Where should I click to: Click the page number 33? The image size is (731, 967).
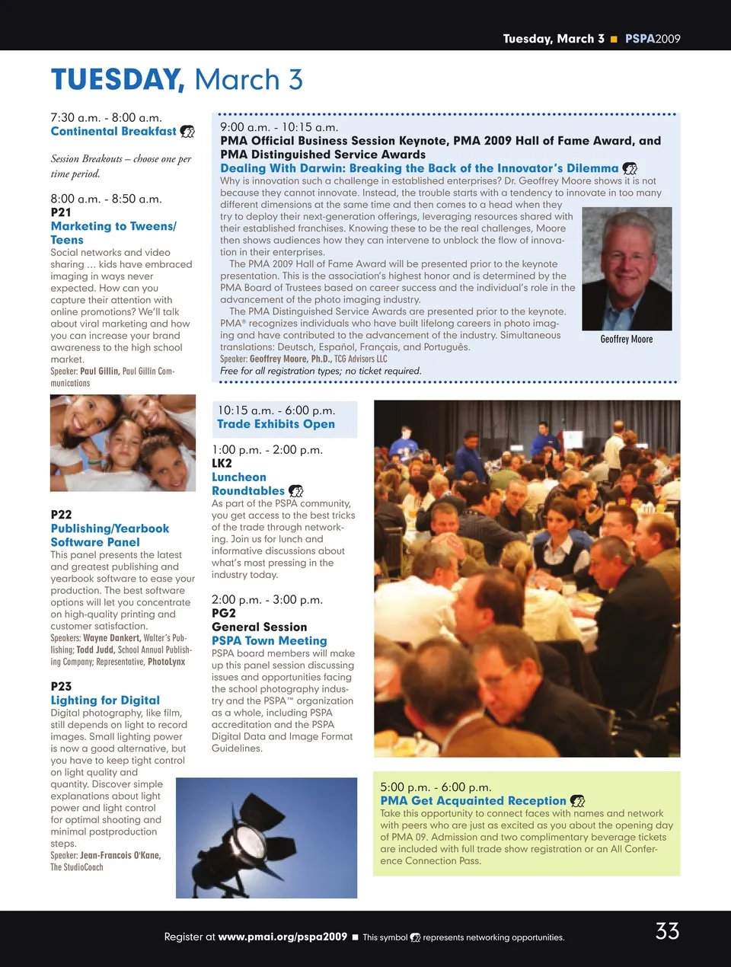point(667,931)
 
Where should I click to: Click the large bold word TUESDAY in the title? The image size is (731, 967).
point(117,80)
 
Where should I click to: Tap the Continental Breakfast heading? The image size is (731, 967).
point(113,131)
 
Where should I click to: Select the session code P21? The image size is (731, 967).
point(61,212)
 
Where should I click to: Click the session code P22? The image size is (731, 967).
point(61,515)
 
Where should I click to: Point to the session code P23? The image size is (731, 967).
point(61,686)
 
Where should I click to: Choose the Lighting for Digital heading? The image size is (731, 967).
point(105,700)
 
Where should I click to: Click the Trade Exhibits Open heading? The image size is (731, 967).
point(276,424)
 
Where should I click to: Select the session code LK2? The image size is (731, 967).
point(222,463)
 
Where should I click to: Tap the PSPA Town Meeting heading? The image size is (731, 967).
point(269,640)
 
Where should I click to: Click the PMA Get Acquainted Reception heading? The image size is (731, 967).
point(473,800)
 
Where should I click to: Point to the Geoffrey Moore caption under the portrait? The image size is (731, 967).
point(626,339)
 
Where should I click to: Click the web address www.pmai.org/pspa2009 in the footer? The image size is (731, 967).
point(283,937)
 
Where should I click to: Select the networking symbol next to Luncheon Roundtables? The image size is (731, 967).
point(296,491)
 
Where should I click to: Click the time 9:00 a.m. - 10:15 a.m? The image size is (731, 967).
point(279,127)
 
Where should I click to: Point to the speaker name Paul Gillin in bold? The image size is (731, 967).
point(99,371)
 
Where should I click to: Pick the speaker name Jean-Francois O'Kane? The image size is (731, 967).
point(120,855)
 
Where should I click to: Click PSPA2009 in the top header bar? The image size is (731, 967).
point(653,39)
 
